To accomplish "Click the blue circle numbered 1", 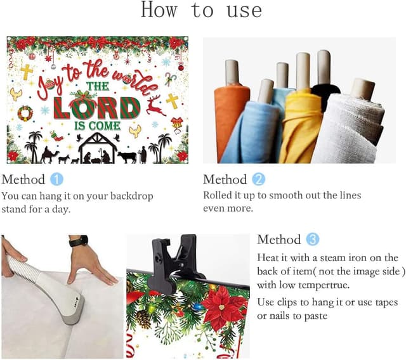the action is [56, 179].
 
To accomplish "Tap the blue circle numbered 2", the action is [259, 179].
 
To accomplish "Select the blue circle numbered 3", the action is [313, 239].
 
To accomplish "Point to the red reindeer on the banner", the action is [156, 105].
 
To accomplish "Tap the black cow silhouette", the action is [127, 157].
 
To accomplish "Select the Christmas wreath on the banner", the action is [25, 113].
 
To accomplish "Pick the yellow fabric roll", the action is [300, 124].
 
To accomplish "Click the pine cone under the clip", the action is [143, 319].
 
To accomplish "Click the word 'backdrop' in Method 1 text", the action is [132, 196].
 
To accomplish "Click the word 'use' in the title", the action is [244, 11].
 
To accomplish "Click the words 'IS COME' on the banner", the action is [97, 126].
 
